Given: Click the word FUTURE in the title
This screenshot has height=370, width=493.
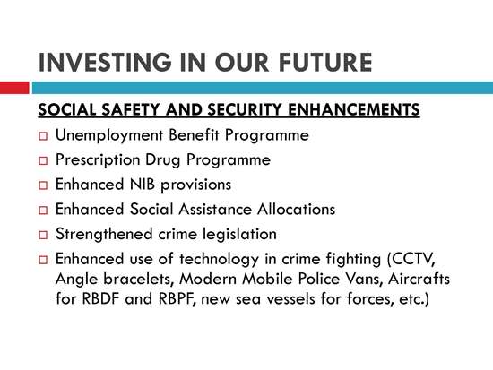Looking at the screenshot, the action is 325,62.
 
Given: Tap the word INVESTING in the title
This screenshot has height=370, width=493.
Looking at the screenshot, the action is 105,62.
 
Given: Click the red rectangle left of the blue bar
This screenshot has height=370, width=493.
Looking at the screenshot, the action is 14,88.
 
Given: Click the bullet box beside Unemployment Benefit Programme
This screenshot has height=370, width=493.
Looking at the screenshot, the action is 43,136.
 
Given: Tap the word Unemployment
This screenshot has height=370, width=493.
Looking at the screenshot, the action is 109,135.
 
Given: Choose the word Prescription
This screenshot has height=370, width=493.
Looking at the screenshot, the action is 98,160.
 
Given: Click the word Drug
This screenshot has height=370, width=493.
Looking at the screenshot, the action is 163,160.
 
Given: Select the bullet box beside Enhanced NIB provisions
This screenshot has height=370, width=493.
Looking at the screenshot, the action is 43,185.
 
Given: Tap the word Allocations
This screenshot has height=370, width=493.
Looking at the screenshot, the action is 296,209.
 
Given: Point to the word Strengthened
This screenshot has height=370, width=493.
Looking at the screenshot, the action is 104,234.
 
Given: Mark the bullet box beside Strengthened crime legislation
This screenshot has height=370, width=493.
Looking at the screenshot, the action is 43,235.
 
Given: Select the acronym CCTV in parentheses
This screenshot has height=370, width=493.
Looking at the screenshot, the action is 411,260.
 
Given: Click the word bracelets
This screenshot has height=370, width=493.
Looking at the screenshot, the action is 139,279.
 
